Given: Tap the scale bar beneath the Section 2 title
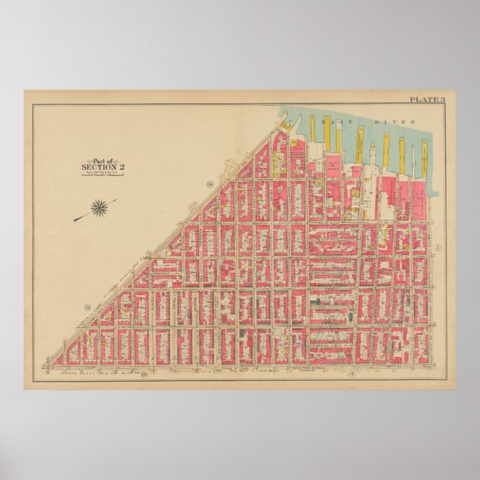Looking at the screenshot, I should (102, 176).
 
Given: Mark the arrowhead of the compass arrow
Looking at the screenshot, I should (75, 220).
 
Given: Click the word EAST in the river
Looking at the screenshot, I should (330, 119).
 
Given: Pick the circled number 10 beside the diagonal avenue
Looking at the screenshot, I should (211, 183).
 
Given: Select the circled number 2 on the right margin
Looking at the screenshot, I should (439, 247).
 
